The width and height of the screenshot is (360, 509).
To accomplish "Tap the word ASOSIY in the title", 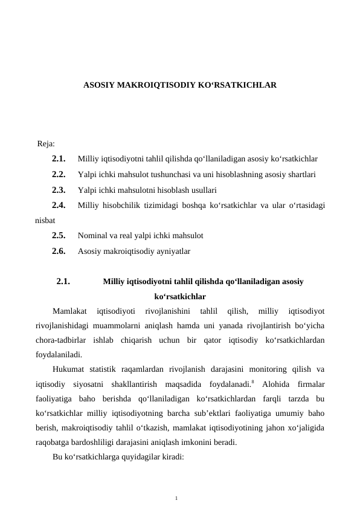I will (x=97, y=86).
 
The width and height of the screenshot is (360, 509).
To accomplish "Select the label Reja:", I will (x=46, y=144).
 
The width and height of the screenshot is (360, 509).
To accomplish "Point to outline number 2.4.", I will (x=59, y=206).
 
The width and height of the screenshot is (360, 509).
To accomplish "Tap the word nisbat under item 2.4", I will (x=45, y=221).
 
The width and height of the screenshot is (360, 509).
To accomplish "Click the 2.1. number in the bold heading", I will (x=63, y=281).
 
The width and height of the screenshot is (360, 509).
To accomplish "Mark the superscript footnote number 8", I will (x=252, y=381).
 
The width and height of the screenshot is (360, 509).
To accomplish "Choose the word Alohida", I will (x=277, y=384).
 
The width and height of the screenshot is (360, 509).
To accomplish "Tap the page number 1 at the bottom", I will (x=176, y=498).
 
